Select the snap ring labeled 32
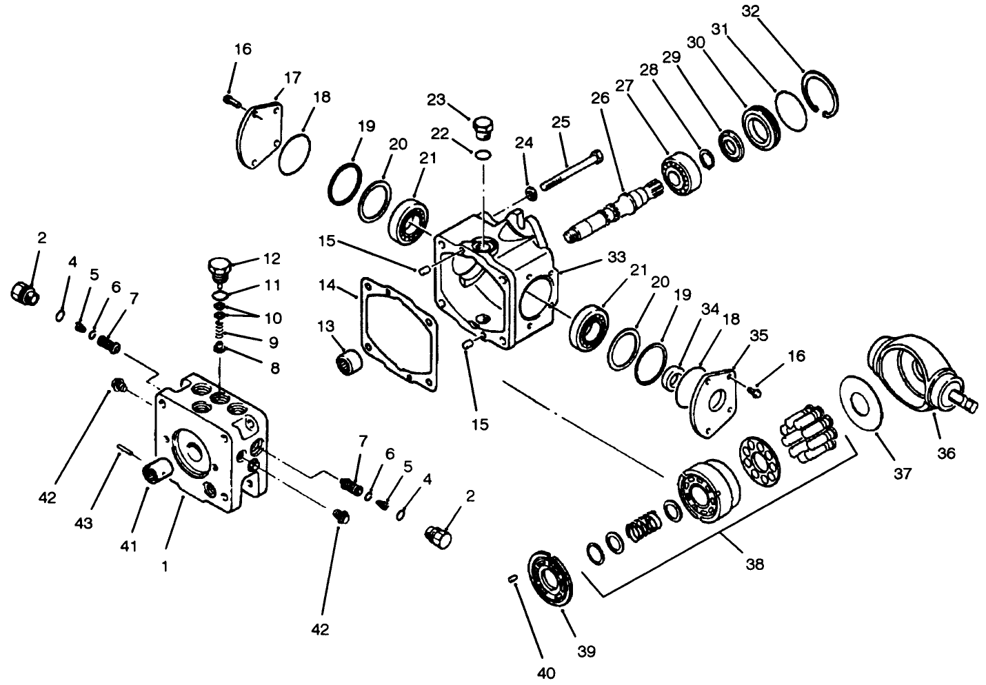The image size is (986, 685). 821,94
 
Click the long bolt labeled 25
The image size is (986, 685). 569,168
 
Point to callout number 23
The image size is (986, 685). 435,99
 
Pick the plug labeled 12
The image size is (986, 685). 219,267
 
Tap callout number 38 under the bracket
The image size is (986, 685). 755,564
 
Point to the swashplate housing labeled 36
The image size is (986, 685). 910,376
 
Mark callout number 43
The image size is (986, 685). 83,524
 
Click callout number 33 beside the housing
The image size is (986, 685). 616,257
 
